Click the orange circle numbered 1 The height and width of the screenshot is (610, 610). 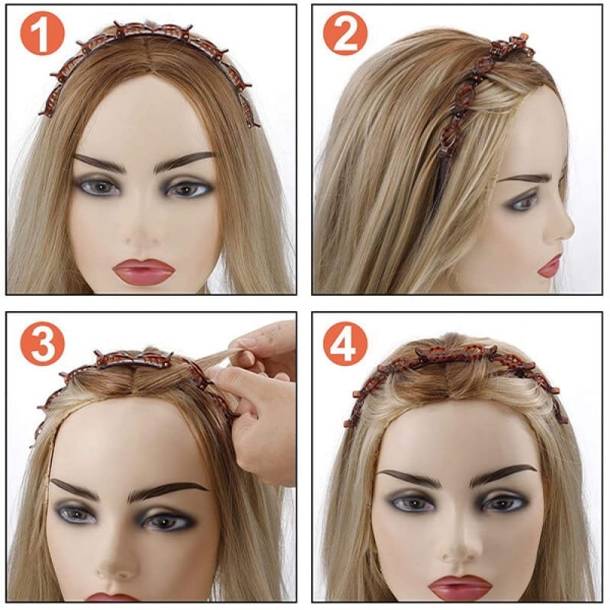[x=42, y=33]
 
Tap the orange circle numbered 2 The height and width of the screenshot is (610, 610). [x=345, y=33]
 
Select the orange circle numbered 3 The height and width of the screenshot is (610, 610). [x=42, y=344]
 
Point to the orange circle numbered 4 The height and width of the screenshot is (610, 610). [x=345, y=344]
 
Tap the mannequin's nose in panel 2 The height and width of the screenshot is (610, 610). [x=563, y=226]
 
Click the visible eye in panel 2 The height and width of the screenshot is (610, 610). [x=524, y=202]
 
